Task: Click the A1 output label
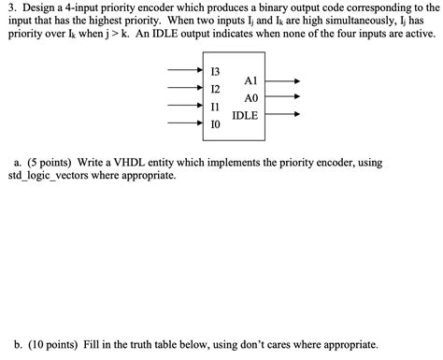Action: pos(250,81)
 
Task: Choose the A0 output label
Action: pos(250,98)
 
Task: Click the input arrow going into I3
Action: pos(183,71)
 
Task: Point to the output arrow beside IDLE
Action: pos(284,116)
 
